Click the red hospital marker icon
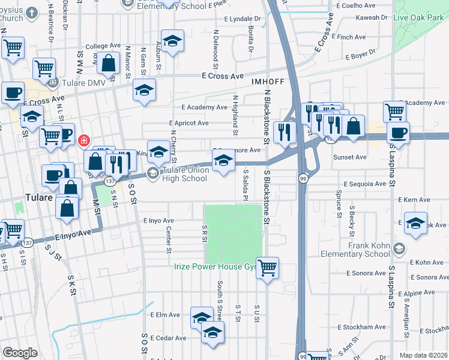(83, 140)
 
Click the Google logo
(20, 352)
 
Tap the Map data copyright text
(424, 355)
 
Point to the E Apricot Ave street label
(188, 123)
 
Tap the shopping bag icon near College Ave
(109, 63)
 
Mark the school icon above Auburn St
(172, 41)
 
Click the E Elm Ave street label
(165, 314)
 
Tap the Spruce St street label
(339, 203)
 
